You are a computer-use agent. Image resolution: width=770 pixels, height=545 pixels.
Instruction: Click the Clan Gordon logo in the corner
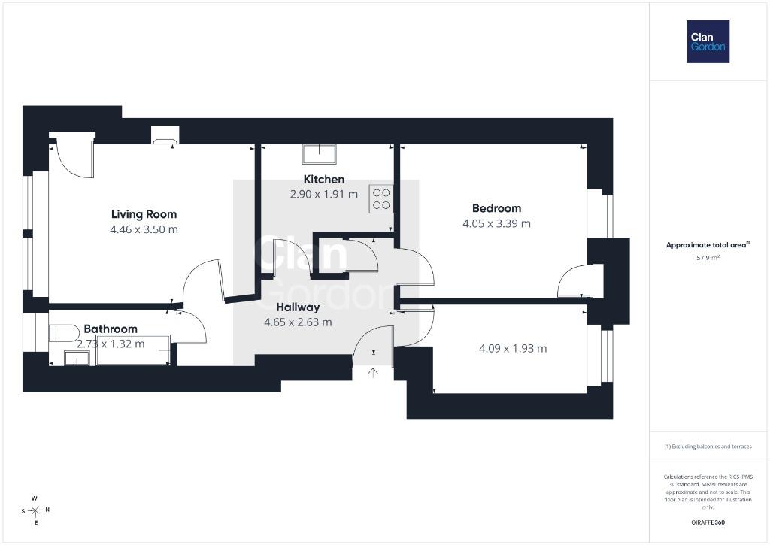(x=708, y=42)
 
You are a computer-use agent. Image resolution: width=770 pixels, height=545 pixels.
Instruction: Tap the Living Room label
(x=144, y=214)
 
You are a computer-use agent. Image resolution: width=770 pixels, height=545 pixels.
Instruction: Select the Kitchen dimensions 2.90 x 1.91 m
(x=324, y=195)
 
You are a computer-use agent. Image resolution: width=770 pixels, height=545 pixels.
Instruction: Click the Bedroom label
(x=496, y=208)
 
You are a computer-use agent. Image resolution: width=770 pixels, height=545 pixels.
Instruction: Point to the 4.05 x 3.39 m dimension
(x=496, y=223)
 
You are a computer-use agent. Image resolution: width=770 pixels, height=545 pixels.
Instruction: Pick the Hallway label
(x=298, y=307)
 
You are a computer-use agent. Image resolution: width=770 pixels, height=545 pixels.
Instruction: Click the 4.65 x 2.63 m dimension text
(x=298, y=322)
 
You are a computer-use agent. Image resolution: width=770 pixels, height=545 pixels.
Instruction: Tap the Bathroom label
(x=111, y=329)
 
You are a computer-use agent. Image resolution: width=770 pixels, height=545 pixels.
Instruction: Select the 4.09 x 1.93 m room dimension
(x=513, y=349)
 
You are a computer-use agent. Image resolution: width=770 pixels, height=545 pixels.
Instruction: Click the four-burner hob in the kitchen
(x=381, y=199)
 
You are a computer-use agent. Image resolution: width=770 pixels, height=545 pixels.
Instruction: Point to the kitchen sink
(x=319, y=153)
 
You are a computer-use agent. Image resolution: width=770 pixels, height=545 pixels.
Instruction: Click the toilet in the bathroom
(x=64, y=333)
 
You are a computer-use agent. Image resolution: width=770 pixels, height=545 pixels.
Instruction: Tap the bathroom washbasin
(x=77, y=359)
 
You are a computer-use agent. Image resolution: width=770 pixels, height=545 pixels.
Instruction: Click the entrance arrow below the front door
(x=373, y=373)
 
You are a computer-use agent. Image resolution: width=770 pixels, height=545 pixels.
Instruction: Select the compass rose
(x=35, y=510)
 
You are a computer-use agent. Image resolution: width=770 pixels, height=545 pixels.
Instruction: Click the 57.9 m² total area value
(x=708, y=257)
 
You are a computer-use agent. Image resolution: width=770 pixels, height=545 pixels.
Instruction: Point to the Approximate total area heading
(x=708, y=244)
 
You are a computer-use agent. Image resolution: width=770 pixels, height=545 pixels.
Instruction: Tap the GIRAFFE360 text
(x=708, y=522)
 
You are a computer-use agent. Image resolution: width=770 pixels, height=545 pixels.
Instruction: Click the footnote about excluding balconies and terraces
(x=708, y=447)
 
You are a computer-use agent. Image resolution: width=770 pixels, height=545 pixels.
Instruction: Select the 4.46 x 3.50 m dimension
(x=144, y=229)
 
